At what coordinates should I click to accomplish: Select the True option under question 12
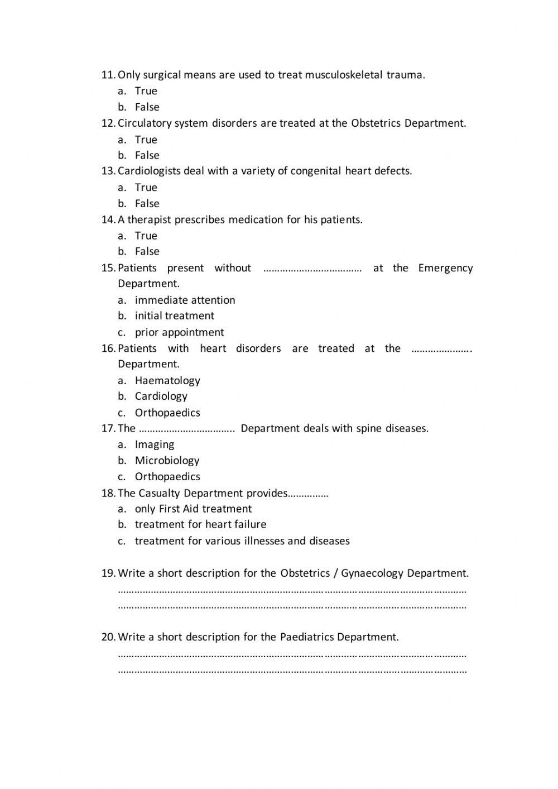coord(146,140)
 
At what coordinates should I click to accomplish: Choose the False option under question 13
coord(147,203)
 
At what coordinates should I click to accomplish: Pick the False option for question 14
coord(147,251)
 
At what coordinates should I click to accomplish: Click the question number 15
coord(108,268)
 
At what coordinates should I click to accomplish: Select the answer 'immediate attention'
coord(185,300)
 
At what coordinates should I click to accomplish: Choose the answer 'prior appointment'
coord(179,332)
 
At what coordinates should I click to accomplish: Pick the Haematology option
coord(167,380)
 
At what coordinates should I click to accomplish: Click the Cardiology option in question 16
coord(161,396)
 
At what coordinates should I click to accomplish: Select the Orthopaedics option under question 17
coord(167,476)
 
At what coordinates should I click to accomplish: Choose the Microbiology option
coord(167,460)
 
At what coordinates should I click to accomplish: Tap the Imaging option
coord(155,444)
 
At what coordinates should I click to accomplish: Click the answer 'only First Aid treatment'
coord(193,509)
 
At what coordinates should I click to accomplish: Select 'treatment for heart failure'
coord(200,524)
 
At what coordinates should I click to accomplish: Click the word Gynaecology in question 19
coord(372,573)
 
